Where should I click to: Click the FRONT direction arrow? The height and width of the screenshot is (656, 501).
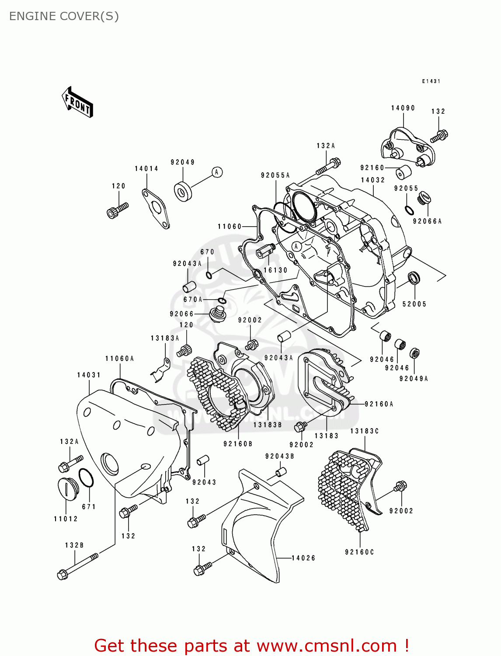pyautogui.click(x=78, y=102)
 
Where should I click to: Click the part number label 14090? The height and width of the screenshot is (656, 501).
pyautogui.click(x=403, y=108)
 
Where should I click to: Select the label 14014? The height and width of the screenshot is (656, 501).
pyautogui.click(x=146, y=169)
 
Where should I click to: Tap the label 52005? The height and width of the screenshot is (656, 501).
pyautogui.click(x=414, y=304)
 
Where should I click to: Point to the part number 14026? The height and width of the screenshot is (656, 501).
pyautogui.click(x=303, y=558)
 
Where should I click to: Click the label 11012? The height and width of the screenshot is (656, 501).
pyautogui.click(x=66, y=519)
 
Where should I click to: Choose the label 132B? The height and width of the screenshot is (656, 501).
pyautogui.click(x=74, y=545)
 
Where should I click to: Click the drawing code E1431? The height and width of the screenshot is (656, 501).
pyautogui.click(x=431, y=81)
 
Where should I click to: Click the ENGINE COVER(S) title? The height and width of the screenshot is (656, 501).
pyautogui.click(x=64, y=16)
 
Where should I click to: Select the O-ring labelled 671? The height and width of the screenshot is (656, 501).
pyautogui.click(x=86, y=478)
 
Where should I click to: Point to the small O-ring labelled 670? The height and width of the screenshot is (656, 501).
pyautogui.click(x=209, y=275)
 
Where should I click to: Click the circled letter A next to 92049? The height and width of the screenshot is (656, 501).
pyautogui.click(x=217, y=172)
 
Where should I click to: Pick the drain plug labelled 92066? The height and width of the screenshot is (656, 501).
pyautogui.click(x=217, y=314)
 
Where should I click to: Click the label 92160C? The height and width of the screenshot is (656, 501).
pyautogui.click(x=359, y=552)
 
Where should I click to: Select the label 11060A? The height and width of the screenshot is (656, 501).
pyautogui.click(x=119, y=359)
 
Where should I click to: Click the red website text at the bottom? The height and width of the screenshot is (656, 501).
pyautogui.click(x=251, y=646)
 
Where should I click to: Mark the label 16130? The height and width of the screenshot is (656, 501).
pyautogui.click(x=275, y=270)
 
